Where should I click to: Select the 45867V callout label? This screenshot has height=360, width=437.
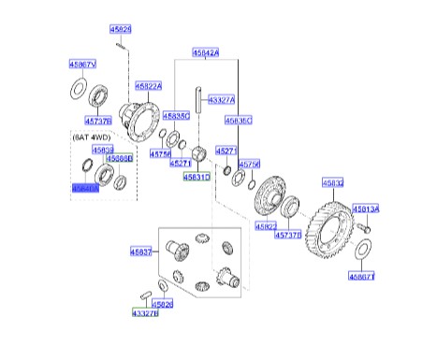point(82,65)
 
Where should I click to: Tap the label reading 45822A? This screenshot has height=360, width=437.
point(148,85)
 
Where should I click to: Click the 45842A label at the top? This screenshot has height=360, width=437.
point(206,53)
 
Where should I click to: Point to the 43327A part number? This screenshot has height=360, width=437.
point(222,99)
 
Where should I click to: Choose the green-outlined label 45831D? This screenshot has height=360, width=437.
point(197,176)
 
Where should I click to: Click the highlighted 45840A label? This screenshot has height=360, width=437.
point(84,187)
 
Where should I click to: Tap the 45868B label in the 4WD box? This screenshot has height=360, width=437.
point(119,159)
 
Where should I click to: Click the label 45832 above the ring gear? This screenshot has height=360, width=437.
point(333,183)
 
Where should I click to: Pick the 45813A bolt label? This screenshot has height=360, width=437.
point(366,210)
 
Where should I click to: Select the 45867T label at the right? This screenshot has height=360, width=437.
point(362,277)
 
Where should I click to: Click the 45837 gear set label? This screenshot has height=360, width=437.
point(140,252)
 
